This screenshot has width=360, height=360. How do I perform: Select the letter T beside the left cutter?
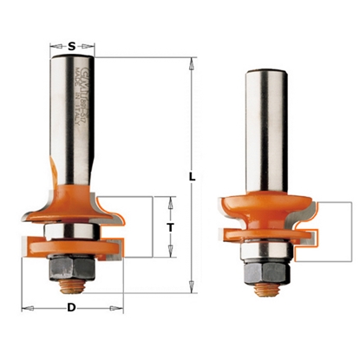point(172,227)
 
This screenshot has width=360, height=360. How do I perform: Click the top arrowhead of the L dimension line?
point(186,62)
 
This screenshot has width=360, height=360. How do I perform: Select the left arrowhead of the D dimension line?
point(27,308)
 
